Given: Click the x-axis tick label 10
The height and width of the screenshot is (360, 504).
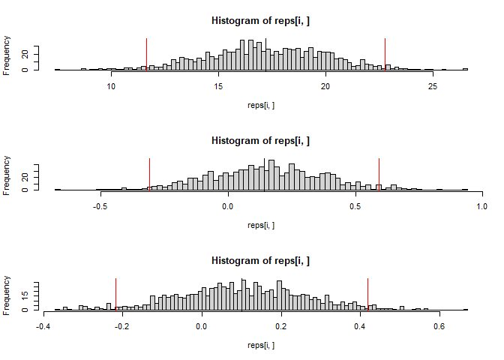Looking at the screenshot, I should (111, 85).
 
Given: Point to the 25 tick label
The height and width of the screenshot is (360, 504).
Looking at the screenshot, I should (432, 85).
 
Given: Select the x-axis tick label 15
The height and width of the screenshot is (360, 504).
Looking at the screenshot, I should (218, 85).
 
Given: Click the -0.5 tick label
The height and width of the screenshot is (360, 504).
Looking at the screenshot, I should (101, 205).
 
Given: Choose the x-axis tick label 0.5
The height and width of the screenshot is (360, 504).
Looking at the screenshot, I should (355, 205).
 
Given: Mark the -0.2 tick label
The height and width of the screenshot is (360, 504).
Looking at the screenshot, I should (121, 325).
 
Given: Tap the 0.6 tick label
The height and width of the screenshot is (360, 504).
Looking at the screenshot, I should (439, 325).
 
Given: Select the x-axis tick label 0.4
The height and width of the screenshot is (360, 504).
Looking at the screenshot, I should (360, 325).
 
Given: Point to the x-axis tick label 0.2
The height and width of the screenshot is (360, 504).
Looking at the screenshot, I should (280, 325).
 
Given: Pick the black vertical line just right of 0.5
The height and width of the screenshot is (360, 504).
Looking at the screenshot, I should (379, 174).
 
